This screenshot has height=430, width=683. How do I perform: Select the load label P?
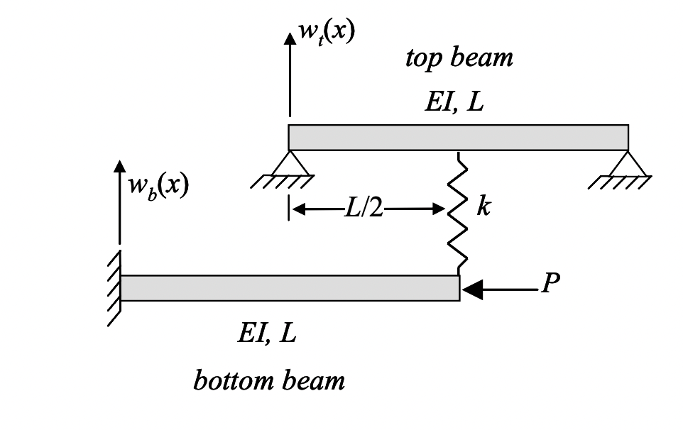[x=550, y=284]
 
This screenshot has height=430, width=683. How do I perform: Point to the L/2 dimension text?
[x=363, y=210]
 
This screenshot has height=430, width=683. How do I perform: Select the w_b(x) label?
[x=158, y=185]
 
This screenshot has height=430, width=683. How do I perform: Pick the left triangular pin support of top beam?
[x=289, y=164]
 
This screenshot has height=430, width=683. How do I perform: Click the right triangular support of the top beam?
[x=628, y=165]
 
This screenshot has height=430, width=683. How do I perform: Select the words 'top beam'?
[x=459, y=57]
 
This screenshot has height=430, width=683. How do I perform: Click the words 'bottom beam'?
[x=269, y=381]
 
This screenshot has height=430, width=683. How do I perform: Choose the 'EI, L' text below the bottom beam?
[x=266, y=332]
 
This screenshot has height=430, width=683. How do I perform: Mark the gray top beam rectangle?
[x=458, y=138]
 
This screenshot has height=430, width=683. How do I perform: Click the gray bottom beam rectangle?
[x=290, y=287]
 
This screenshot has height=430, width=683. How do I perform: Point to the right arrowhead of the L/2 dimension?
[x=438, y=210]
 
